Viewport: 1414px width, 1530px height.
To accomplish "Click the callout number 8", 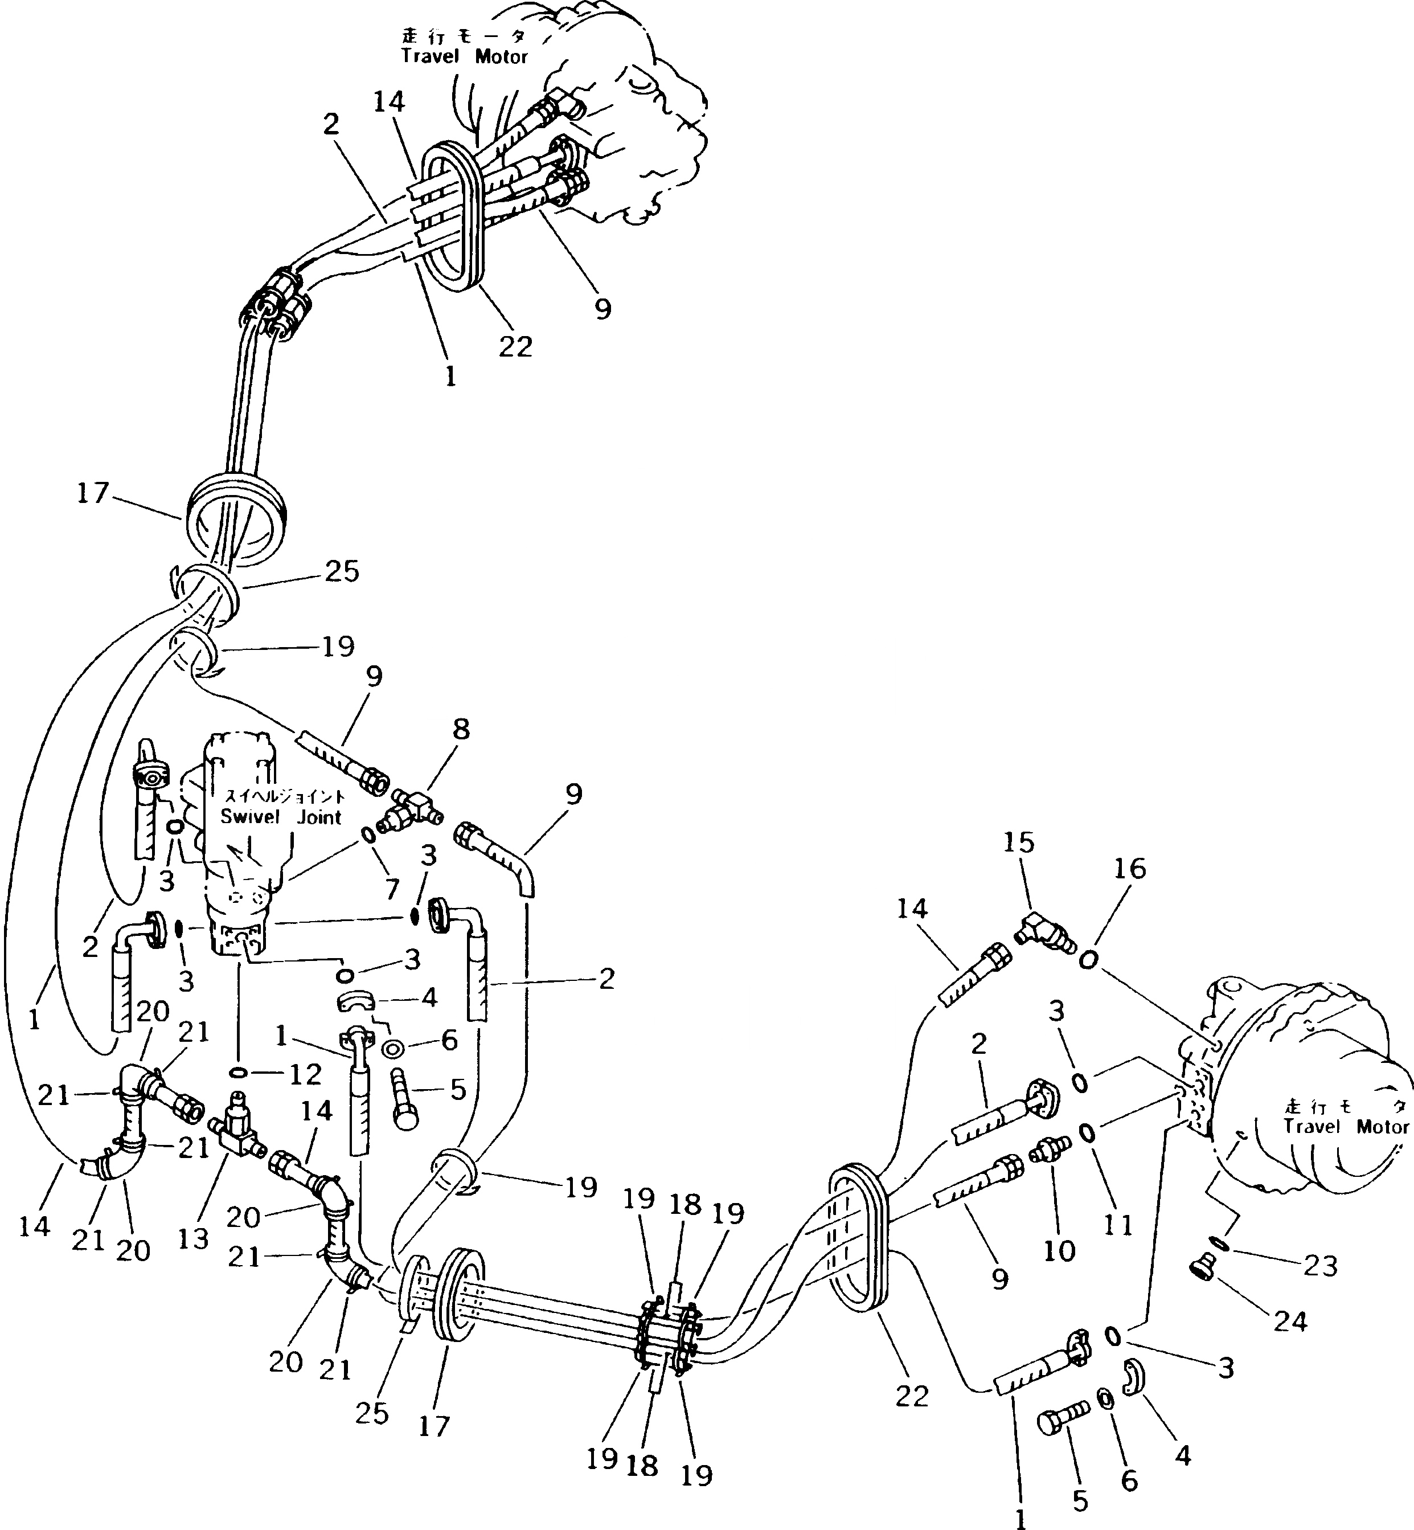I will coord(461,730).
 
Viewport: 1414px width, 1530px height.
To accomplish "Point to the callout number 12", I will coord(305,1075).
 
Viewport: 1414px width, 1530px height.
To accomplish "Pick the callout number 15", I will coord(1018,842).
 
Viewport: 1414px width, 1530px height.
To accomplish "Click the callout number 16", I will coord(1131,869).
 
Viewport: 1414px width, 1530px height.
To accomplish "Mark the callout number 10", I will coord(1060,1251).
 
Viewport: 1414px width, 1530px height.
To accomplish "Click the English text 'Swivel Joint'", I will coord(281,817).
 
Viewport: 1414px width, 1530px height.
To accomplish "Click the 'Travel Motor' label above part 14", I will coord(465,56).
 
